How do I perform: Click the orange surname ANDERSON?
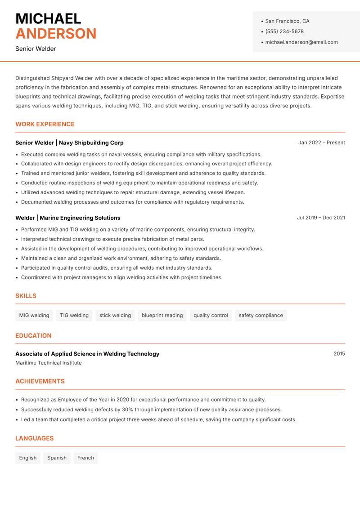point(56,34)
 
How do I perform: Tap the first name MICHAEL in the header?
point(48,18)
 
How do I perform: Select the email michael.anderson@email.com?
point(301,42)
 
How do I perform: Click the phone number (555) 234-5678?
point(284,31)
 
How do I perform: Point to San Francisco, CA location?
point(287,21)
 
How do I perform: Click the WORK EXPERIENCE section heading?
point(45,124)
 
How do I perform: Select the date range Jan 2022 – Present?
point(321,143)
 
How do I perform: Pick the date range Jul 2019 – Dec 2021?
point(321,218)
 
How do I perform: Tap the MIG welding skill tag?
point(34,316)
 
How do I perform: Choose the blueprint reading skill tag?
point(162,316)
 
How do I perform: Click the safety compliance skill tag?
point(261,316)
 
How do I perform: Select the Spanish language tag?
point(57,458)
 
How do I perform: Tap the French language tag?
point(85,458)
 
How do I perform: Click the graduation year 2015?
point(339,354)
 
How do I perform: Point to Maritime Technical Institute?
point(49,363)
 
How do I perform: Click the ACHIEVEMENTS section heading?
point(40,381)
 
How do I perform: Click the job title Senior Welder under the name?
point(36,49)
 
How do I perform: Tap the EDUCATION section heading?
point(33,336)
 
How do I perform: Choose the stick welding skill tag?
point(115,316)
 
